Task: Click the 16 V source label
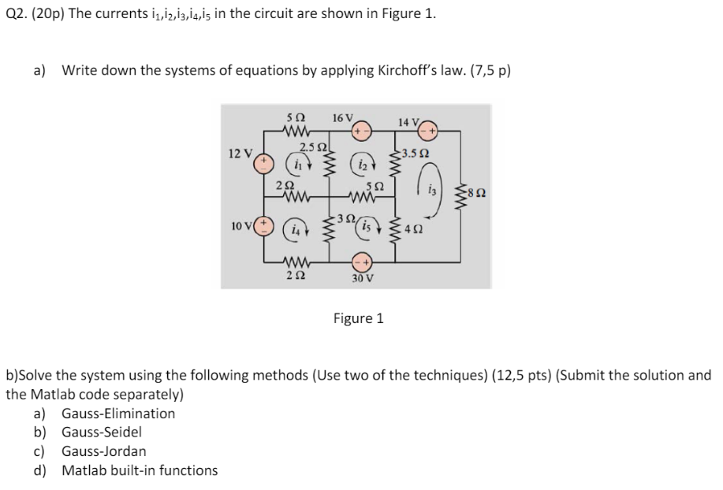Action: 344,117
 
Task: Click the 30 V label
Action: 363,277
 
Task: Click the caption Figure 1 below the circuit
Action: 358,318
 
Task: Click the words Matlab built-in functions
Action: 140,470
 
